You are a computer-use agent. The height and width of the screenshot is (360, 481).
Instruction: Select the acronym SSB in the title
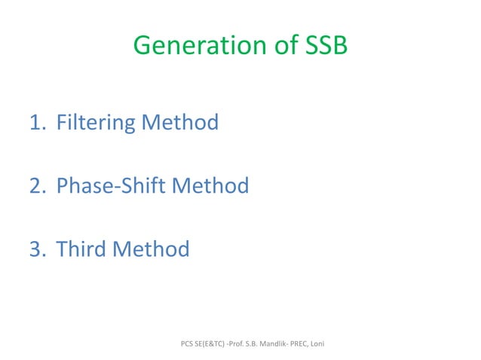tap(326, 47)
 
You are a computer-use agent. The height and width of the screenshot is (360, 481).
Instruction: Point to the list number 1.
tap(37, 122)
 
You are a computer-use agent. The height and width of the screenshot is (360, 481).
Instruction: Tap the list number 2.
tap(38, 185)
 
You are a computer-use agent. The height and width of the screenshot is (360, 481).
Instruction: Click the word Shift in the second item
tap(142, 185)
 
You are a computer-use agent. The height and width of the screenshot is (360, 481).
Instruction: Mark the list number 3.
tap(38, 249)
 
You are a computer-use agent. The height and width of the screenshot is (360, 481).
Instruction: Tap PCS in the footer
tap(188, 344)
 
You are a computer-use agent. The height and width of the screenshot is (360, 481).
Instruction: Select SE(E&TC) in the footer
tap(216, 344)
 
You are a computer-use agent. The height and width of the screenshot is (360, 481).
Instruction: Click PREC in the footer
tap(320, 344)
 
